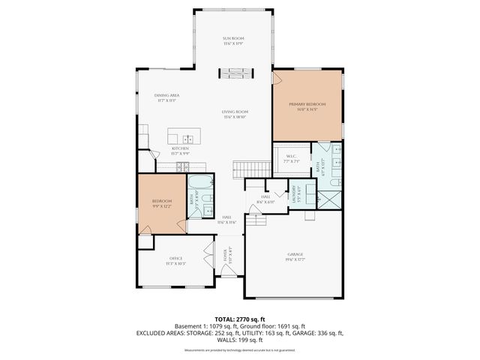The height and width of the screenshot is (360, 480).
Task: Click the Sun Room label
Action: tap(234, 40)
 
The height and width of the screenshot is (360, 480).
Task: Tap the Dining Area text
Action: tap(166, 97)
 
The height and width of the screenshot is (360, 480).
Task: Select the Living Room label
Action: tap(235, 114)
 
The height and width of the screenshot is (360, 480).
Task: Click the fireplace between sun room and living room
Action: tap(234, 73)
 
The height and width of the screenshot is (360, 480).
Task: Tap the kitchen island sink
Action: tap(187, 138)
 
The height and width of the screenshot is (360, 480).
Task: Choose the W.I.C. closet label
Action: tap(291, 158)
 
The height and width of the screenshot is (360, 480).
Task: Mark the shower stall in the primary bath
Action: tap(328, 199)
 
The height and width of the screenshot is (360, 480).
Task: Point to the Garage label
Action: tap(294, 256)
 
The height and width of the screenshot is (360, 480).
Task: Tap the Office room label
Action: tap(175, 260)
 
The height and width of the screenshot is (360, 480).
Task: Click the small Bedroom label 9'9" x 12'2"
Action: tap(162, 203)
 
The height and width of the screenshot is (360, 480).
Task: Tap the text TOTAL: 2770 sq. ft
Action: tap(240, 319)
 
